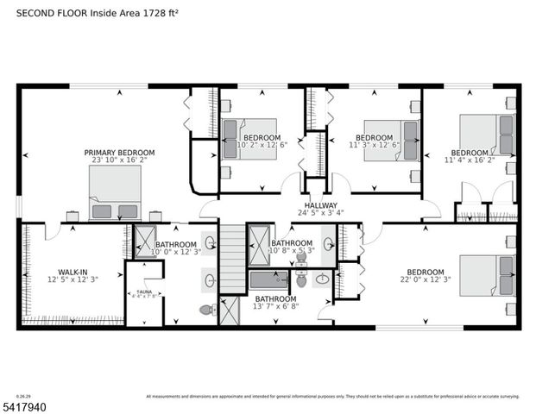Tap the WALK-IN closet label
(66, 272)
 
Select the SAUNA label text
(143, 292)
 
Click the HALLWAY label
(320, 205)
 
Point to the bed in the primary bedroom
(115, 193)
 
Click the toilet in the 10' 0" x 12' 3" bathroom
(206, 309)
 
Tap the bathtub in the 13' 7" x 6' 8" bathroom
(268, 279)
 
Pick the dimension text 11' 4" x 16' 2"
(470, 160)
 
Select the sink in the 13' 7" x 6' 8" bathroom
(322, 279)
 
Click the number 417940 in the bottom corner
(27, 405)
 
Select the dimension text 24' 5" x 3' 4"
(320, 213)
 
